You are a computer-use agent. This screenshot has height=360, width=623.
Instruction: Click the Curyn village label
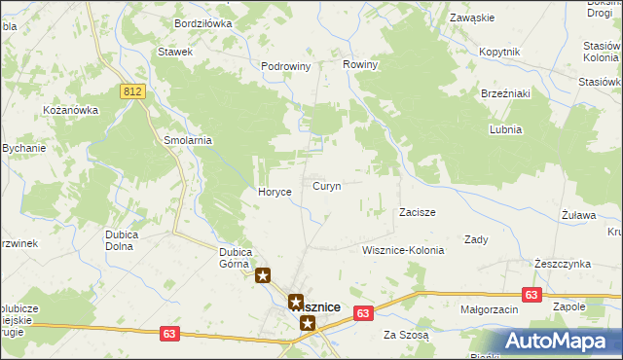point(326,185)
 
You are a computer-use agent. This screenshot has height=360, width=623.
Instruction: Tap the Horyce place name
point(275,192)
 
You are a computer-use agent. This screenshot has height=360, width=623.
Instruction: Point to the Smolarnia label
point(188,140)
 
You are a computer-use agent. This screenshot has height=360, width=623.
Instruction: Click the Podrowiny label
point(285,66)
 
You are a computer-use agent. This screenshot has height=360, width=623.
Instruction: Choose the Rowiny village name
point(360,64)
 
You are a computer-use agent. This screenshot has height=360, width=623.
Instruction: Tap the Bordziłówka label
point(202,21)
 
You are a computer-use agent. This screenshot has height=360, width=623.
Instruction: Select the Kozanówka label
point(71,110)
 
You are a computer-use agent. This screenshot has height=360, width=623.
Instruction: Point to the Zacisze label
point(417,211)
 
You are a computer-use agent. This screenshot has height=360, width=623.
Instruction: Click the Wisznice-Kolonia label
point(402,250)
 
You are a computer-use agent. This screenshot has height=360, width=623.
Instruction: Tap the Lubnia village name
point(506,129)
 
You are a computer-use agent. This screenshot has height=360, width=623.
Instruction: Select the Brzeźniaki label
point(504,93)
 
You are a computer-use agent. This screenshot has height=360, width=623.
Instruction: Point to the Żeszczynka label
point(563,264)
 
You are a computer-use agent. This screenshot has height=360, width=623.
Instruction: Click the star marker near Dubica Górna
point(263,276)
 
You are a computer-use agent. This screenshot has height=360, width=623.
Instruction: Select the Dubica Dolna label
point(127,240)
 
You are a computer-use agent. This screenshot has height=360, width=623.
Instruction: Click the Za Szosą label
point(405,334)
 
